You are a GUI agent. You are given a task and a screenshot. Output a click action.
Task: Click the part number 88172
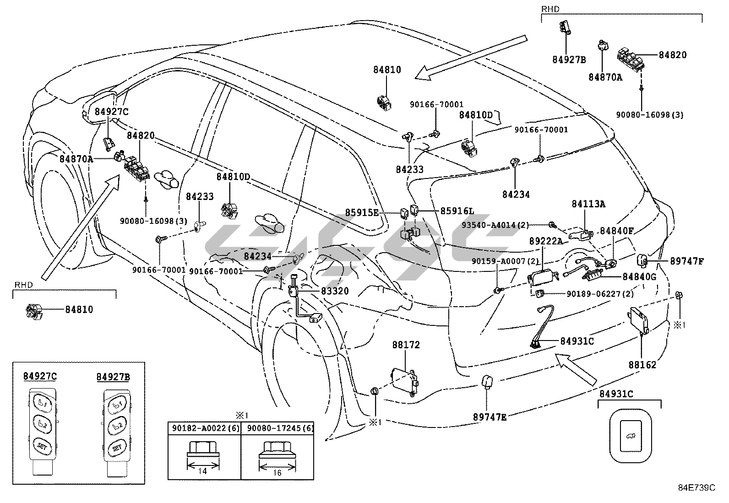[406, 345]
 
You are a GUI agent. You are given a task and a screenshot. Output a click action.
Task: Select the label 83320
[334, 291]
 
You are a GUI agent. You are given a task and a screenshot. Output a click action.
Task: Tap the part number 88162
[642, 365]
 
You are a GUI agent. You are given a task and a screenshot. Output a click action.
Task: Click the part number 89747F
[686, 261]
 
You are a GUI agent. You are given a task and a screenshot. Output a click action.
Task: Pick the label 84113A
[588, 204]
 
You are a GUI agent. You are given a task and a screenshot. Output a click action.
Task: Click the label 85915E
[362, 212]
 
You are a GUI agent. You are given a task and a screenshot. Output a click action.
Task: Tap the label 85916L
[457, 211]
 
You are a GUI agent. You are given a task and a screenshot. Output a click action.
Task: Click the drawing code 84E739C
[696, 487]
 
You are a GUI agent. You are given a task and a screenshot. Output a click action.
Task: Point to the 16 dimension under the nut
[277, 473]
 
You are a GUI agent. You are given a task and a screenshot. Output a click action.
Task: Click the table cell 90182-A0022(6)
[204, 428]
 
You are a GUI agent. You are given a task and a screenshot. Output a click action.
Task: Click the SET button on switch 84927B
[117, 445]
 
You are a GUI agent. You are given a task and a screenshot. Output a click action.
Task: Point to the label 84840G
[640, 277]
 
